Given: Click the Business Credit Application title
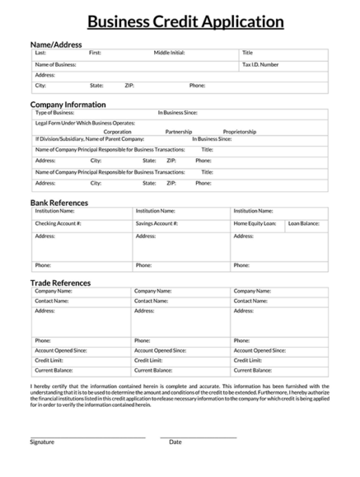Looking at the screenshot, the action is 180,22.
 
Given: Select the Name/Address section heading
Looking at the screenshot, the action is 56,44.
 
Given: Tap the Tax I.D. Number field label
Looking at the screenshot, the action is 260,63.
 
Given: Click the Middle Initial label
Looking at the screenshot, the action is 169,53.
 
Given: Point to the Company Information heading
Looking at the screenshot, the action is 68,105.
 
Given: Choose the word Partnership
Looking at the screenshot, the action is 179,131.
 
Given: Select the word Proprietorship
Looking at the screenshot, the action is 245,131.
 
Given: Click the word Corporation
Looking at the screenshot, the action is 118,131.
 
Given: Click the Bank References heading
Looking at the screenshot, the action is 59,203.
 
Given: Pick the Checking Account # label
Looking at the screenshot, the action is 58,223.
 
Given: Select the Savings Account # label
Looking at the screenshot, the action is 157,223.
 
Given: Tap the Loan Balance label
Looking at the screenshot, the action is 304,223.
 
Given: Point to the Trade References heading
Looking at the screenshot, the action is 60,283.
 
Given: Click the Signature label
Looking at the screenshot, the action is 42,442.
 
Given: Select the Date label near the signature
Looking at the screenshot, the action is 175,442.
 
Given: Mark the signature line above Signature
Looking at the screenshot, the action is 87,437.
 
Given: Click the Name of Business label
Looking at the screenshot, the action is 55,63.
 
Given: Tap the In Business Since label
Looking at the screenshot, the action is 178,113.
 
